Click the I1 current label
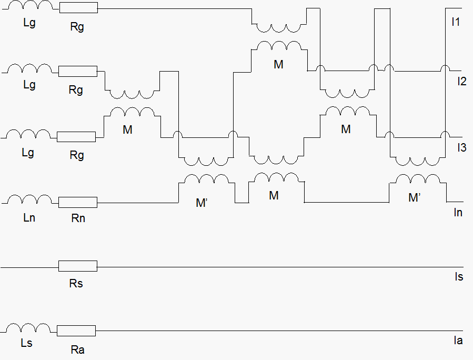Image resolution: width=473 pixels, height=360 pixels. [x=456, y=22]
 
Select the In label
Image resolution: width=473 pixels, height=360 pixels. [x=458, y=213]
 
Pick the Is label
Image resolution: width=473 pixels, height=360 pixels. [x=458, y=277]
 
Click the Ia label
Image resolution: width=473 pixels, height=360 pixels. [x=458, y=341]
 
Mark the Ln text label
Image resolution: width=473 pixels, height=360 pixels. [x=29, y=217]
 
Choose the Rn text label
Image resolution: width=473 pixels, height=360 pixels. [x=78, y=218]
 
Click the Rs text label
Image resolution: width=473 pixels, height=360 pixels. [x=76, y=284]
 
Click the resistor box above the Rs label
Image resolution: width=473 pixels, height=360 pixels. [x=77, y=267]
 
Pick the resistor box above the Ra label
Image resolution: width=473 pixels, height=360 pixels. [x=76, y=331]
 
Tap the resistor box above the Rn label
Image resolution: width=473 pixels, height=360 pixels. [x=77, y=202]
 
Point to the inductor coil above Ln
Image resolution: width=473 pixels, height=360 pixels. [x=29, y=199]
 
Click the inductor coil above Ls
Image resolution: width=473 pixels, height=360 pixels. [x=28, y=328]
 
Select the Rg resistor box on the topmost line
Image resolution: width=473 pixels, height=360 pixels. [x=78, y=8]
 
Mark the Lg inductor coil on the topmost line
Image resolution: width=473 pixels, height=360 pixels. [x=31, y=5]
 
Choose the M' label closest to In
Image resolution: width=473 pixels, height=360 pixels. [x=416, y=198]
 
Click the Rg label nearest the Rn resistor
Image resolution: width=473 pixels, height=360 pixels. [x=76, y=155]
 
